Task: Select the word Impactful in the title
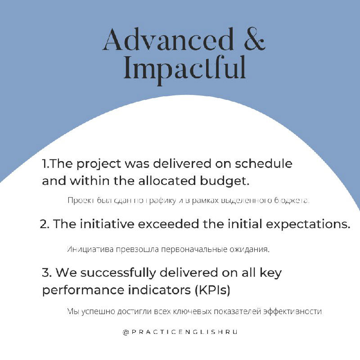click(184, 68)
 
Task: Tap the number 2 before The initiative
click(44, 224)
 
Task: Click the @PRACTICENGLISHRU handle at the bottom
click(180, 332)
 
